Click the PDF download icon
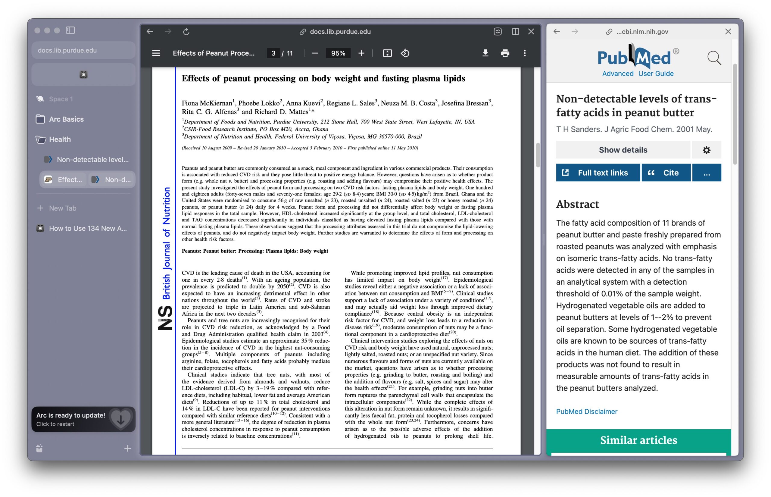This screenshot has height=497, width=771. point(485,53)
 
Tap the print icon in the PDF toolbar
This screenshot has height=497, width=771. point(505,53)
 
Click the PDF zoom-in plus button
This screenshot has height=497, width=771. point(361,53)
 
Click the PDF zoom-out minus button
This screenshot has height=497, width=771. point(315,53)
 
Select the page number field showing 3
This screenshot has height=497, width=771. point(273,53)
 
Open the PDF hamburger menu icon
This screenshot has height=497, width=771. point(156,53)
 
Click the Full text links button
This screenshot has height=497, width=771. point(598,173)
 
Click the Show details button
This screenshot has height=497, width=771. point(623,150)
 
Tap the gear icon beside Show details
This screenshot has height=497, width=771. point(707,150)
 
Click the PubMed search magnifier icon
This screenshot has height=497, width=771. point(714,58)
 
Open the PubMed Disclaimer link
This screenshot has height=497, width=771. point(586,411)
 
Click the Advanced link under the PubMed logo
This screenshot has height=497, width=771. point(618,73)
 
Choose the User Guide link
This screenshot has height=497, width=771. point(656,73)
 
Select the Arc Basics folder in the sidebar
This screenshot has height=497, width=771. point(66,119)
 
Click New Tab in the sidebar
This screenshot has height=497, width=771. point(63,208)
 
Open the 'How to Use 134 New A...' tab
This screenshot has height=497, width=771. point(88,229)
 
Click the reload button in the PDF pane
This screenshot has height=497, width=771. point(186,32)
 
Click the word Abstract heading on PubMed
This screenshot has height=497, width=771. point(577,204)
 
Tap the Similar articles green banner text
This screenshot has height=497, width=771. point(638,440)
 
